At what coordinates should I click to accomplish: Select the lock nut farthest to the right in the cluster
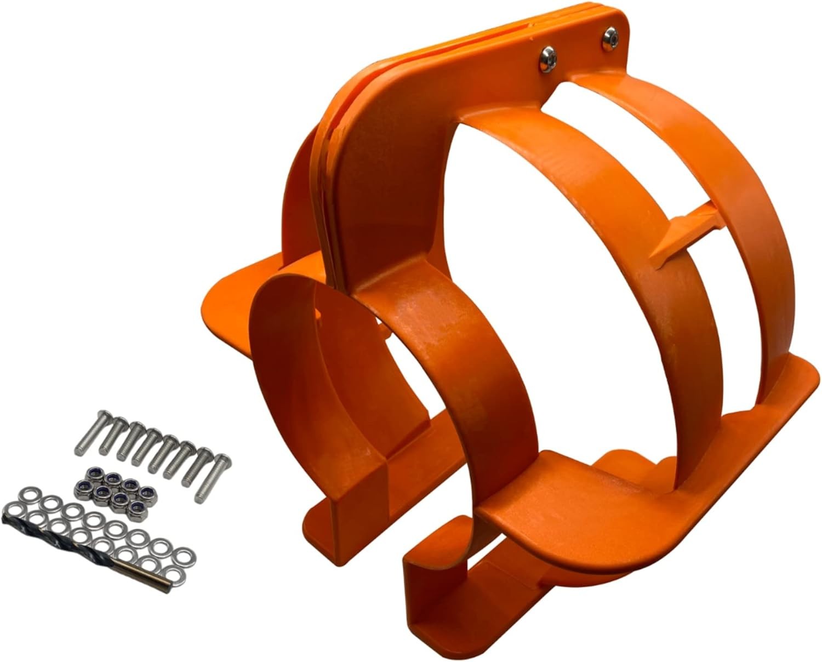click(x=146, y=492)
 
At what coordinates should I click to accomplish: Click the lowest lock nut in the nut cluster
click(x=133, y=502)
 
